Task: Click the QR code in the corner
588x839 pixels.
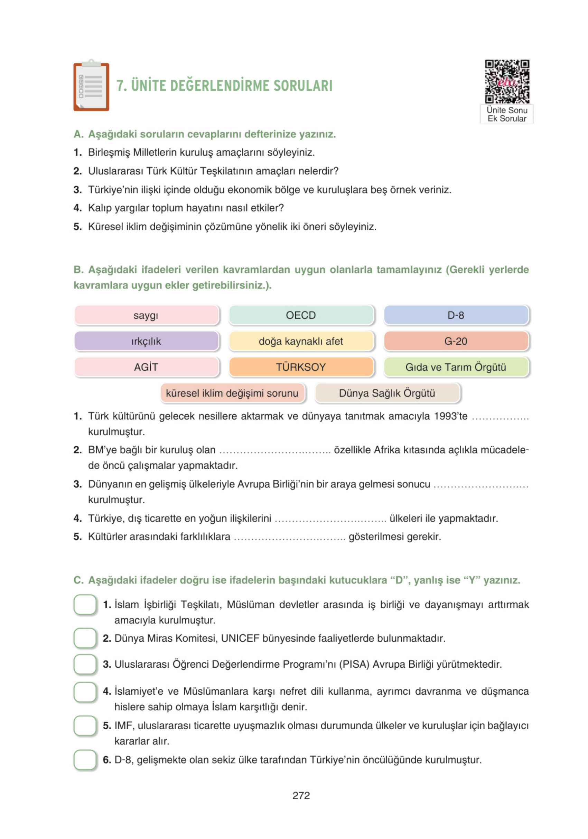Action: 507,81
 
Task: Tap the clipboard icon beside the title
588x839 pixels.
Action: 91,86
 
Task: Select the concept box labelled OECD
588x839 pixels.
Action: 301,315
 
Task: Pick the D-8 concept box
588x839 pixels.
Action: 456,315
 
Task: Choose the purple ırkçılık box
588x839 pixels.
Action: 146,341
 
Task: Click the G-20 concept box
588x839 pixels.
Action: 456,341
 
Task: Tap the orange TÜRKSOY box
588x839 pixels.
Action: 301,367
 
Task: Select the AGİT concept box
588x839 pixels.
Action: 146,367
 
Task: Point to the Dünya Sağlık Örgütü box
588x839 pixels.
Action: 387,393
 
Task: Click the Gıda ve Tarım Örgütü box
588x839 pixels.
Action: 456,367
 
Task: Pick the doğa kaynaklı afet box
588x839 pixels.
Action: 301,341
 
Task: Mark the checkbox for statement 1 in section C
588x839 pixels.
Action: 85,605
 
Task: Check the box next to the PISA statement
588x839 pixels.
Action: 85,664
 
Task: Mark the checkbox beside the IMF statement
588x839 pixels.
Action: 85,726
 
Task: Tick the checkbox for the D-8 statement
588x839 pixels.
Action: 85,760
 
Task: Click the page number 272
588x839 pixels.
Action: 301,795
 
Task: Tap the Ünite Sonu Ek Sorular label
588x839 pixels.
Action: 507,114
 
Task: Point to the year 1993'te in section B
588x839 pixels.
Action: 450,416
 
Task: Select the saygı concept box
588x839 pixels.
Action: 146,315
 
